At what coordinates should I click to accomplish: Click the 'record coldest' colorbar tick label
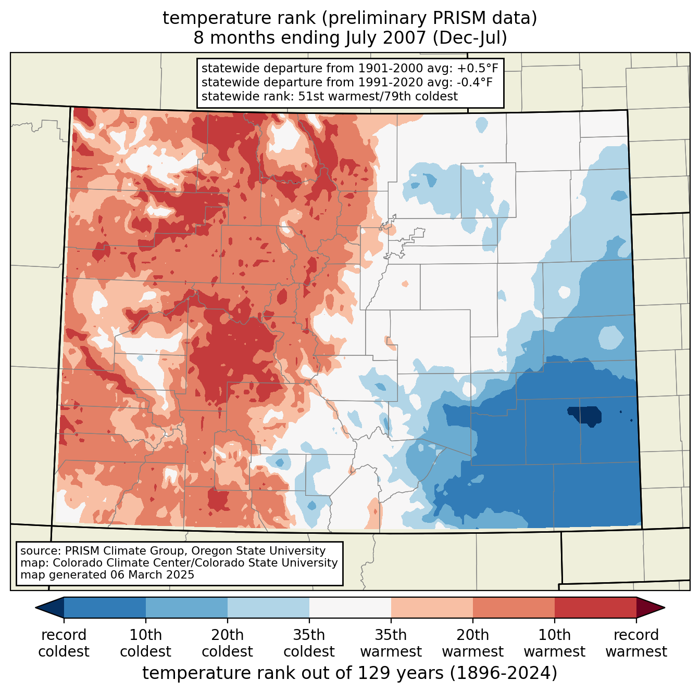tap(64, 643)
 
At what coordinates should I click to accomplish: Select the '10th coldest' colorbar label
tap(145, 643)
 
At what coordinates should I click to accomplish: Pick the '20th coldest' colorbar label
tap(227, 643)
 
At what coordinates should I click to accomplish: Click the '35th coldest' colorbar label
tap(309, 643)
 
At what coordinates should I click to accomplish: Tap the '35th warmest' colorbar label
tap(391, 643)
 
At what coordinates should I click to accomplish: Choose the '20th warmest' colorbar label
tap(472, 643)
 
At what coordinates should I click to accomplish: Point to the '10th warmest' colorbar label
tap(554, 643)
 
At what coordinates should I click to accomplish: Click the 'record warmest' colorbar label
tap(636, 643)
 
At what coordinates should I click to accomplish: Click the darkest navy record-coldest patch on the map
tap(586, 415)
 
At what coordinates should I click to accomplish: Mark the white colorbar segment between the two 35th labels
tap(350, 608)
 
